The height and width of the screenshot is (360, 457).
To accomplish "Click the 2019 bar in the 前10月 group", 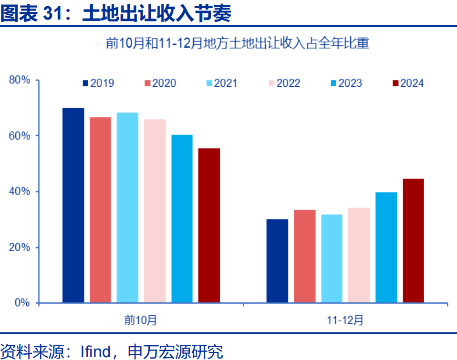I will [x=73, y=206].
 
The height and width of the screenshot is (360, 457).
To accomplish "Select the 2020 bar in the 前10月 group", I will [x=101, y=210].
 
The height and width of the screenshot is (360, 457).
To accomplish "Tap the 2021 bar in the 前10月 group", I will [x=127, y=208].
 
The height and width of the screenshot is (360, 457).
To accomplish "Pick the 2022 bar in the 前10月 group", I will [x=155, y=211].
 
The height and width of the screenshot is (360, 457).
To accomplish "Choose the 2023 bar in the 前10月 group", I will [x=182, y=219].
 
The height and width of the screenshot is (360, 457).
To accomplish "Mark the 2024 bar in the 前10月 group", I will [x=209, y=226].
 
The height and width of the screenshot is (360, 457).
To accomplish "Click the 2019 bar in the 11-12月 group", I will [x=277, y=261].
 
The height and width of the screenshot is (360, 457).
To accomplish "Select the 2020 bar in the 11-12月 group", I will [x=304, y=256].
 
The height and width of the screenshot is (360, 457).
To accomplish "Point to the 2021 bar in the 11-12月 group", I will [x=332, y=258].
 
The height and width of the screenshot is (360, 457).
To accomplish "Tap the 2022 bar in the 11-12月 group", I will [x=359, y=255].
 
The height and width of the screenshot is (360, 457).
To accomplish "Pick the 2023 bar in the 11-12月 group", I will [x=386, y=247].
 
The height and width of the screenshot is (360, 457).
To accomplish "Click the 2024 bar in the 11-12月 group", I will [x=413, y=241].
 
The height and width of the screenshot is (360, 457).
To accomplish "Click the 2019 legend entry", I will [x=98, y=83].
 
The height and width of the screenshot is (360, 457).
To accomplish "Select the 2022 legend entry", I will [x=284, y=83].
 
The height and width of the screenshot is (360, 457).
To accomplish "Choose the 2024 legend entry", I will [x=408, y=83].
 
